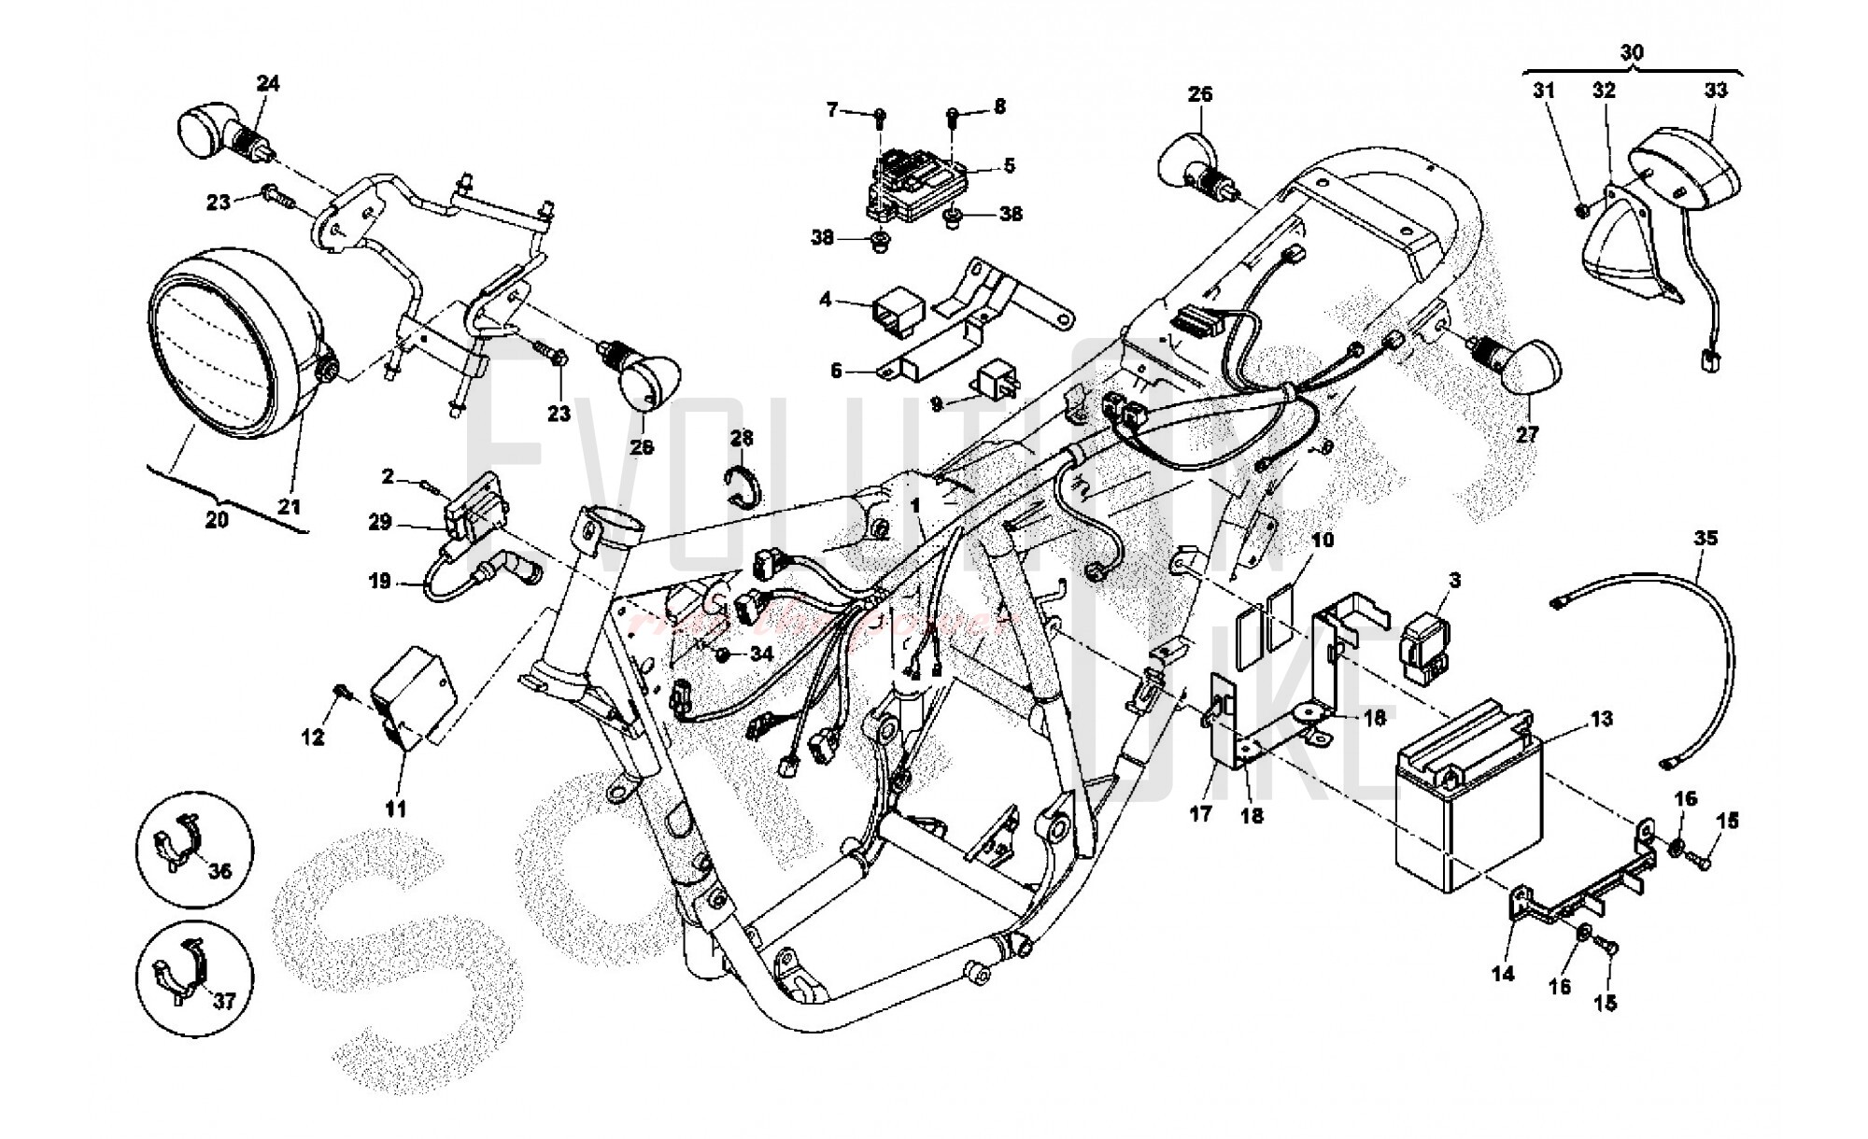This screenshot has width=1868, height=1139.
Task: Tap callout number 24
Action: (268, 84)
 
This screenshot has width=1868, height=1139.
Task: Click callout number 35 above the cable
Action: (1705, 539)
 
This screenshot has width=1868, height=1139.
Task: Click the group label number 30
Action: (1632, 52)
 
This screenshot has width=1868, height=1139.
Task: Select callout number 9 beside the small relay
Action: (938, 403)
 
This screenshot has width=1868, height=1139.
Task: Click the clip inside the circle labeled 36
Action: (180, 839)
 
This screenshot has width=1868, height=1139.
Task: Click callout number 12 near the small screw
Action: (313, 738)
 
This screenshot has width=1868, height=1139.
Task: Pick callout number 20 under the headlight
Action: (216, 519)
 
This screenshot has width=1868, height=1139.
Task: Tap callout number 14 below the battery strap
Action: (1503, 973)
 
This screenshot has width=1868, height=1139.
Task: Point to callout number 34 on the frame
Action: (761, 654)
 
